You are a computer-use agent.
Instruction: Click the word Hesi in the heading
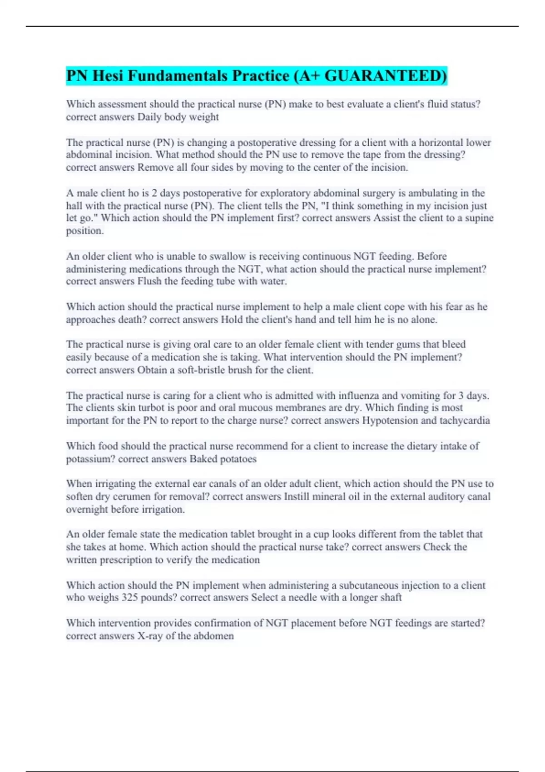pyautogui.click(x=107, y=76)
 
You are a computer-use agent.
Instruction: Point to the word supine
pyautogui.click(x=479, y=218)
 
